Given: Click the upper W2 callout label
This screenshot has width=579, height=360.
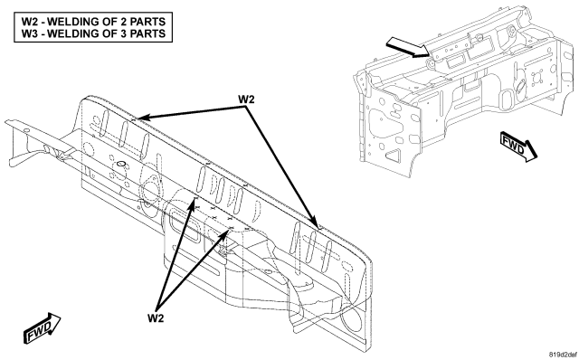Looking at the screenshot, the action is tap(246, 99).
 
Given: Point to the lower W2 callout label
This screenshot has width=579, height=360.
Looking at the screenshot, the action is tap(156, 317).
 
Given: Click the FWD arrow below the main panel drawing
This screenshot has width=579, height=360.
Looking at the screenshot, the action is tap(43, 328).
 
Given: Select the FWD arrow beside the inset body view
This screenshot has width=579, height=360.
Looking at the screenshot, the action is tap(518, 147).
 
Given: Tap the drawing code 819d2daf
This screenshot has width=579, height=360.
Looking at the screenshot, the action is tap(562, 355).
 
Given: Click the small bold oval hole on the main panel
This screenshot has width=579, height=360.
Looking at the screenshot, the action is tap(121, 163).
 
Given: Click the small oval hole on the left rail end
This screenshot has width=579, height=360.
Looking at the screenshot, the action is tap(26, 130).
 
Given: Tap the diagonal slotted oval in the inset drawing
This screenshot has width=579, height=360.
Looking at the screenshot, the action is tap(521, 84).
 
